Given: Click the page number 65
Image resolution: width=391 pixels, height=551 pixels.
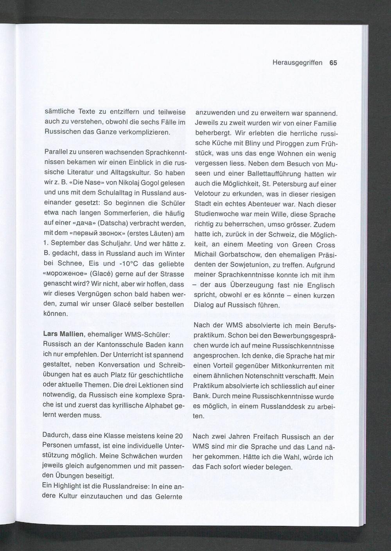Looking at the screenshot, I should tap(333, 63).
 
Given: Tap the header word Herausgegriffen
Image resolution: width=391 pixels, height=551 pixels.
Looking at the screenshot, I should tap(297, 63).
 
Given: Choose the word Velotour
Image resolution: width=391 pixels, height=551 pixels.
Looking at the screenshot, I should tap(208, 194).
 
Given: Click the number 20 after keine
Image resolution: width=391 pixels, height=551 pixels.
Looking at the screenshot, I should tap(179, 436).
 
